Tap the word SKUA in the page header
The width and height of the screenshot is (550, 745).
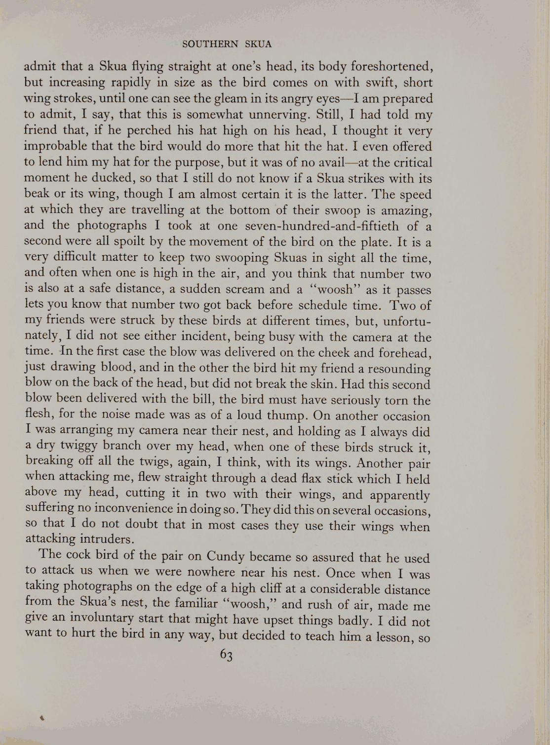(258, 44)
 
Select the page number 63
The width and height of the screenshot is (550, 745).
(227, 655)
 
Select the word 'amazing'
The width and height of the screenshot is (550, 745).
(408, 210)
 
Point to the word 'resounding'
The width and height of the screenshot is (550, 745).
(400, 369)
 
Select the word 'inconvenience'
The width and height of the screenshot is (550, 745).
(134, 508)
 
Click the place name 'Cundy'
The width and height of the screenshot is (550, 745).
(226, 556)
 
